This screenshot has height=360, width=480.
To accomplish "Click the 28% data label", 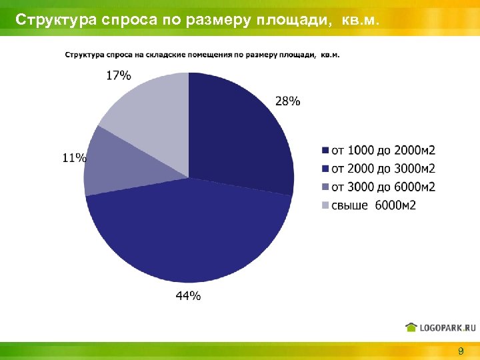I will pyautogui.click(x=287, y=101).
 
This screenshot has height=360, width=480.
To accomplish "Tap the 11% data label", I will pyautogui.click(x=75, y=158).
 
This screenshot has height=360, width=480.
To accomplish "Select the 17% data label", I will pyautogui.click(x=119, y=75).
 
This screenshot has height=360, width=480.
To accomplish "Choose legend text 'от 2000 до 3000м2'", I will pyautogui.click(x=383, y=168).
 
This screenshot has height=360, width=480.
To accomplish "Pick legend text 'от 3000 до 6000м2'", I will pyautogui.click(x=383, y=187).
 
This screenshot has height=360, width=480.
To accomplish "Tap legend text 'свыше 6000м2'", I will pyautogui.click(x=373, y=205).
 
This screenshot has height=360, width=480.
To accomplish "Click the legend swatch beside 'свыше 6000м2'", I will pyautogui.click(x=325, y=205).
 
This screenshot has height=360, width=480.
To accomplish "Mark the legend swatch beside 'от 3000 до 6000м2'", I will pyautogui.click(x=325, y=187).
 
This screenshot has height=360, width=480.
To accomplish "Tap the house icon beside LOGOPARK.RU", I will pyautogui.click(x=411, y=327).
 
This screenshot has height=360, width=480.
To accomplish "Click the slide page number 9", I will pyautogui.click(x=461, y=351).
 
